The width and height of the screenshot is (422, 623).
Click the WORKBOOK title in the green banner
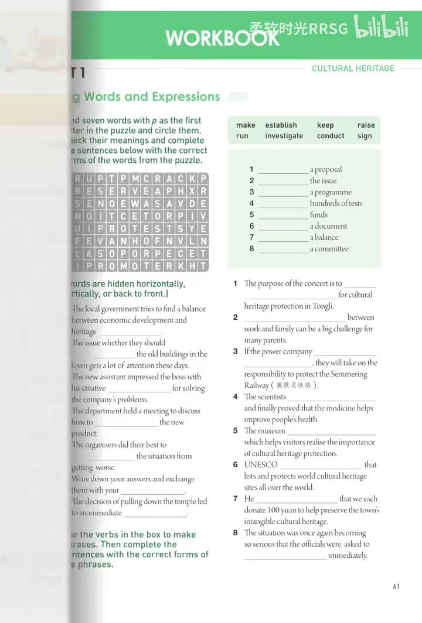(x=222, y=38)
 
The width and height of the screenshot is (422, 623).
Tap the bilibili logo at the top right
(x=381, y=28)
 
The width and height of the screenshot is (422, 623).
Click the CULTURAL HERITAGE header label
(x=353, y=69)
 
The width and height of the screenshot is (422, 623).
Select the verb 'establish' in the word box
(x=281, y=125)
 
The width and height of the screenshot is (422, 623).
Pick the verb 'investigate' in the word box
(x=284, y=136)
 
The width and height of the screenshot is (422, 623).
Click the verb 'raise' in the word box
(x=366, y=125)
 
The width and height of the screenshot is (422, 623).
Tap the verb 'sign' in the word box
(x=365, y=136)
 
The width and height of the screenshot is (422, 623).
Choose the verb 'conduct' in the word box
(x=331, y=136)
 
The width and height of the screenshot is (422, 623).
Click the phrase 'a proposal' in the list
(x=326, y=170)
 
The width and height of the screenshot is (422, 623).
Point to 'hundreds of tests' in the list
(x=336, y=203)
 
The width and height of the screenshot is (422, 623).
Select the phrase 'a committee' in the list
(x=329, y=249)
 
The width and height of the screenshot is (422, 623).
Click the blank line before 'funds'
(x=283, y=215)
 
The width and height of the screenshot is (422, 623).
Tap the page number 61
(x=396, y=586)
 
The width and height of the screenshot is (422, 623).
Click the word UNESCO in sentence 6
(x=261, y=465)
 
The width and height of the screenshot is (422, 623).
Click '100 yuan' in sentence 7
(x=285, y=510)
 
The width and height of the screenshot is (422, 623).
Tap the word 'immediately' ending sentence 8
(x=348, y=556)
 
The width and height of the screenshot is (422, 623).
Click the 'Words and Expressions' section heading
(x=151, y=97)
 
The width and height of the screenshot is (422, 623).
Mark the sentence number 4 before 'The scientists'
(x=235, y=397)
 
